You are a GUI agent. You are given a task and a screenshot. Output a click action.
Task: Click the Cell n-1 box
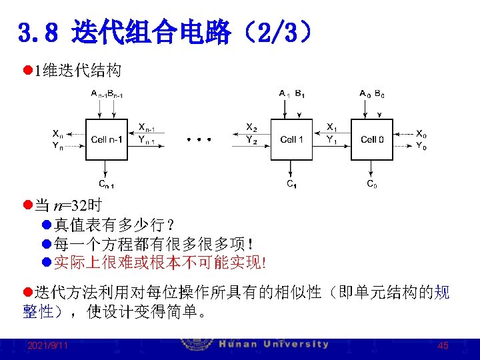pyautogui.click(x=107, y=139)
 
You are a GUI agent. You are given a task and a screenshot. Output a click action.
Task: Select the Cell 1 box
pyautogui.click(x=291, y=139)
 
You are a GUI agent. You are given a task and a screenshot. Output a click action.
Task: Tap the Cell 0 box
pyautogui.click(x=372, y=139)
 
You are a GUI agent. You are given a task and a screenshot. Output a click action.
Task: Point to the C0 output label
pyautogui.click(x=372, y=184)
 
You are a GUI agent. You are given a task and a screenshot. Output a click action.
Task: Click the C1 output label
pyautogui.click(x=291, y=184)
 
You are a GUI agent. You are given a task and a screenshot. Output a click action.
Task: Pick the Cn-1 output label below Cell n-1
pyautogui.click(x=106, y=184)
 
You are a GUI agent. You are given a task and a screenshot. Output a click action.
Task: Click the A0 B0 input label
pyautogui.click(x=371, y=93)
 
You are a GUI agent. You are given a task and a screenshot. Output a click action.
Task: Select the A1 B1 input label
pyautogui.click(x=292, y=93)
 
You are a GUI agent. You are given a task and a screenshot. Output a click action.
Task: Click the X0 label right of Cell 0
pyautogui.click(x=422, y=133)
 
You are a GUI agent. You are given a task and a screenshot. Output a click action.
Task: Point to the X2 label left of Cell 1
pyautogui.click(x=251, y=127)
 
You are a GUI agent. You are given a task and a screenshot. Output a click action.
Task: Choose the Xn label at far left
pyautogui.click(x=58, y=133)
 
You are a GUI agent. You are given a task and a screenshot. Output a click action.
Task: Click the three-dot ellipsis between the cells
pyautogui.click(x=199, y=140)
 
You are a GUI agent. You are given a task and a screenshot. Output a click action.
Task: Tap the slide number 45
pyautogui.click(x=443, y=346)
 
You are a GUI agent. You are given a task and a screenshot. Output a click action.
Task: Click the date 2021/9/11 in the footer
pyautogui.click(x=47, y=346)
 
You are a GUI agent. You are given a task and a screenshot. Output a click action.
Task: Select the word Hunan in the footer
pyautogui.click(x=240, y=345)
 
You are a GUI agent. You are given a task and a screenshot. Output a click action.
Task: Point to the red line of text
pyautogui.click(x=160, y=263)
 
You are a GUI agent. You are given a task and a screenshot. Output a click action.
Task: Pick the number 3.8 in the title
pyautogui.click(x=41, y=32)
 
